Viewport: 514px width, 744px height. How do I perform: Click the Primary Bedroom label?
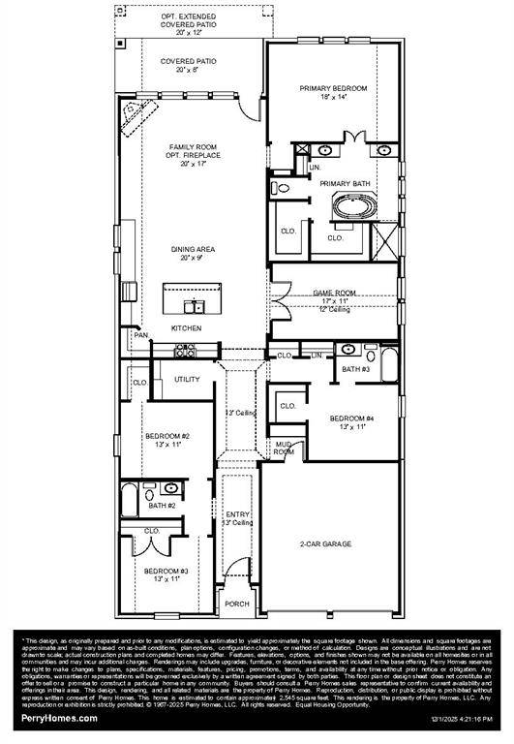tap(333, 88)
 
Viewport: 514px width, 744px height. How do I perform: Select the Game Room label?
tap(333, 292)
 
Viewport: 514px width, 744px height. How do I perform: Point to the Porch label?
tap(236, 604)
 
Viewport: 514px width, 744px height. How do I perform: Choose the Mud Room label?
tap(284, 447)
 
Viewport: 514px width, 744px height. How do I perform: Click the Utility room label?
tap(187, 379)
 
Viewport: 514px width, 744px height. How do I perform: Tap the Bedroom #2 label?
tap(167, 437)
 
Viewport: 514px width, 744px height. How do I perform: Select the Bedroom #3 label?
tap(166, 572)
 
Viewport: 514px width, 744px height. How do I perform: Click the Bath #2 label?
tap(161, 506)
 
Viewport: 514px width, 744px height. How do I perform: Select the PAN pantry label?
tap(141, 336)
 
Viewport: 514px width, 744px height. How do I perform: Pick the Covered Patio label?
tap(189, 61)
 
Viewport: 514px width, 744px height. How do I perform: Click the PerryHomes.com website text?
tap(60, 718)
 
